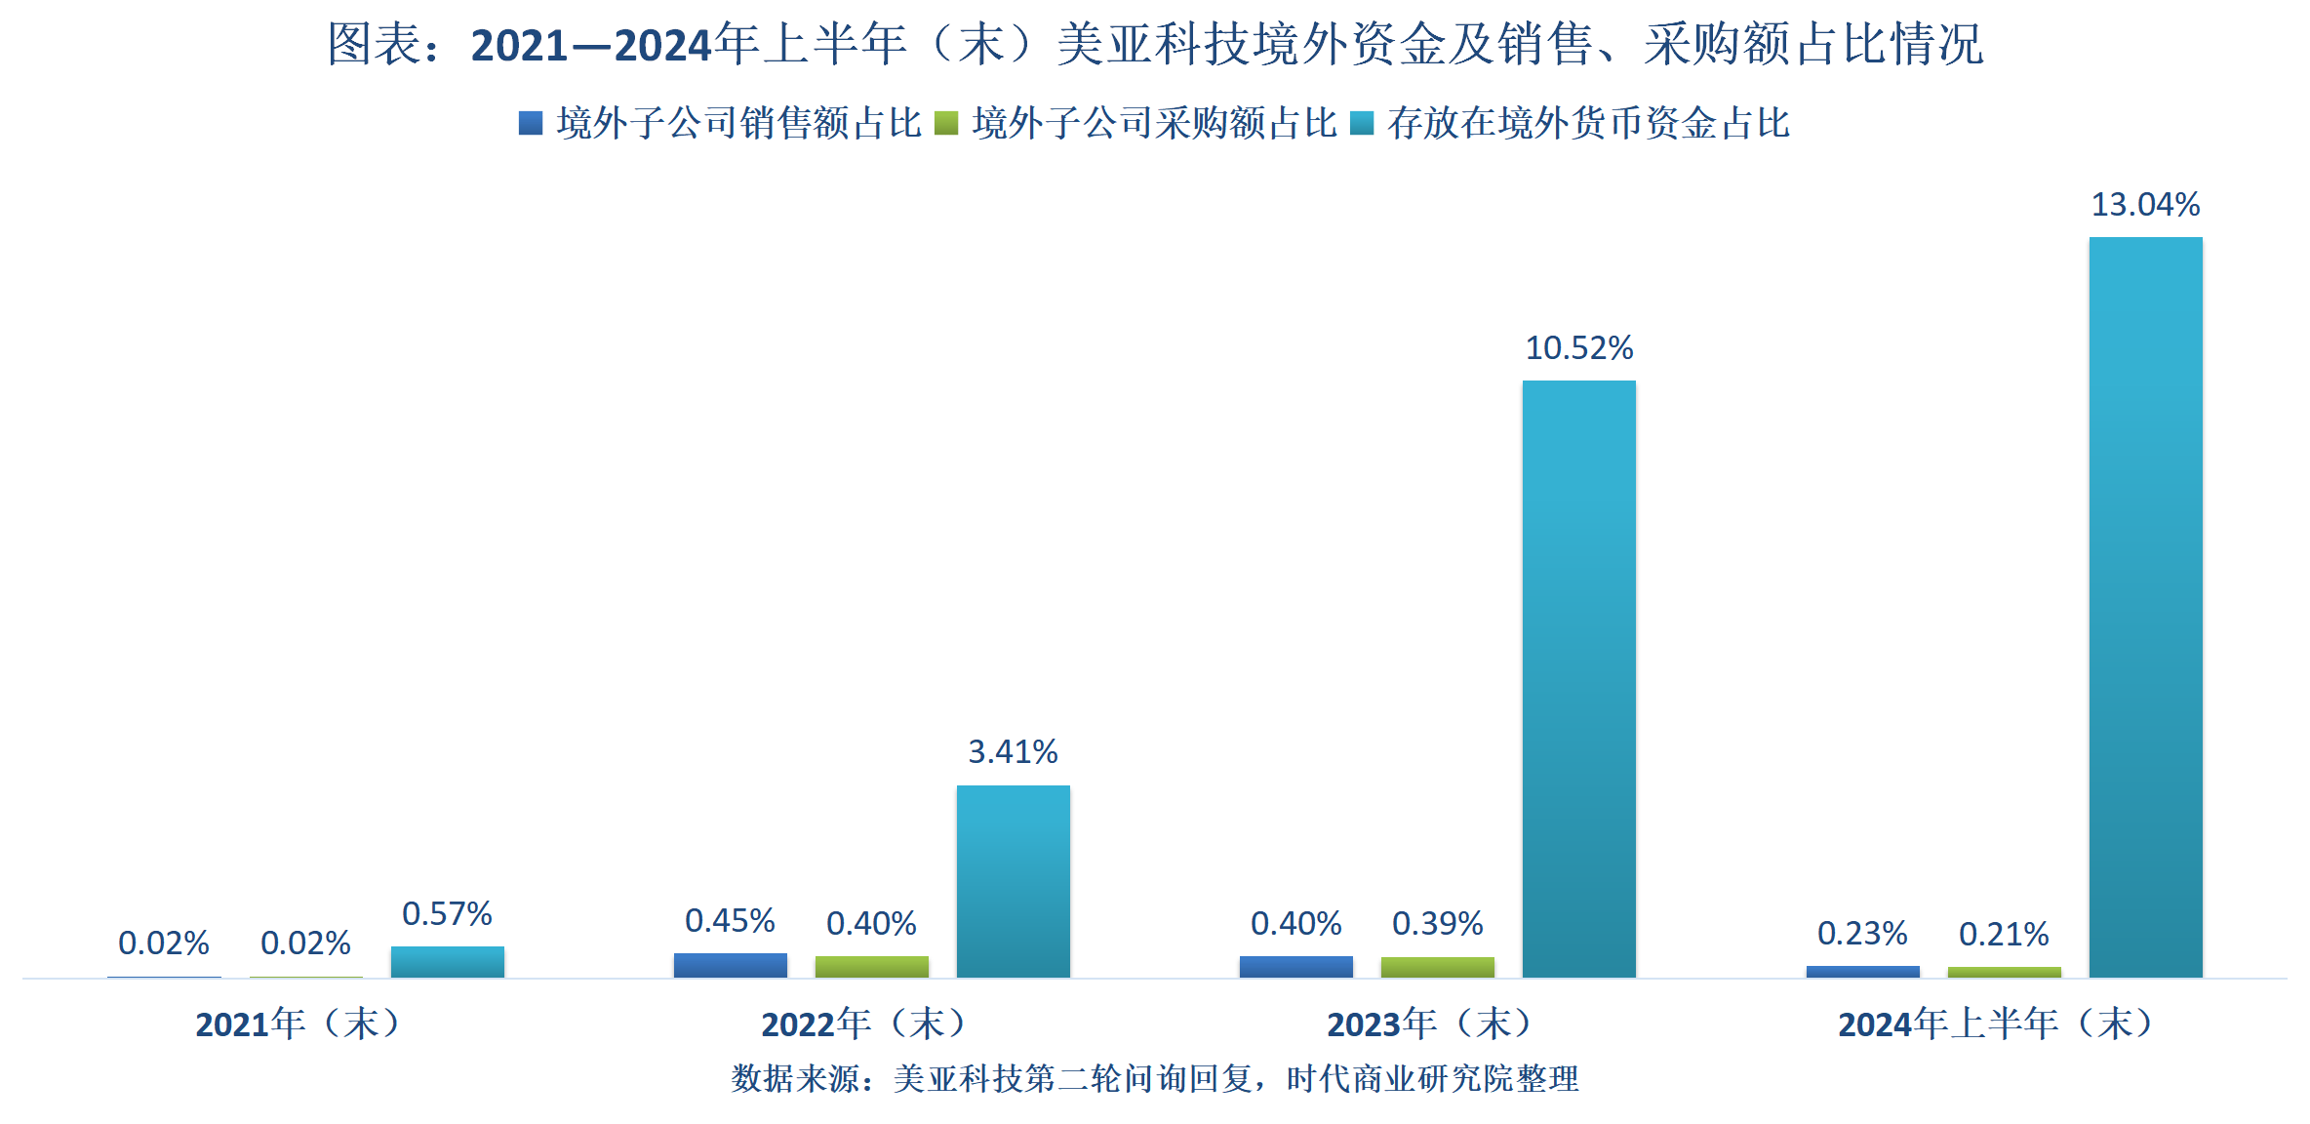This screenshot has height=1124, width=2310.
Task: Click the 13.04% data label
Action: (x=2145, y=205)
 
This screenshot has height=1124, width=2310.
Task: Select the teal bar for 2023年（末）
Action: (x=1578, y=678)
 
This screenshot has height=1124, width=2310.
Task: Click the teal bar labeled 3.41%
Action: (x=1013, y=881)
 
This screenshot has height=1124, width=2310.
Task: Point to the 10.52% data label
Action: (x=1578, y=348)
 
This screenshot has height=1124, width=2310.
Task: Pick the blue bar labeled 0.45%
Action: (x=730, y=965)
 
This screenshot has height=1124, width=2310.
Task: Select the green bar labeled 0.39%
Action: (x=1437, y=967)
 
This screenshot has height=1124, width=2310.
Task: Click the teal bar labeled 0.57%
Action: (x=447, y=961)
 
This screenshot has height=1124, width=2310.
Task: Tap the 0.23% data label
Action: (x=1861, y=934)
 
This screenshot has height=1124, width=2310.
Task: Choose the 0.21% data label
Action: (x=2004, y=935)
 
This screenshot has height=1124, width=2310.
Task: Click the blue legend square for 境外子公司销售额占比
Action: (x=531, y=123)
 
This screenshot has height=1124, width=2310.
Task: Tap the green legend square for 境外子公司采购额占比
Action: (x=946, y=123)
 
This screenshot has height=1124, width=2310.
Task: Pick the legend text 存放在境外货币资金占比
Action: (x=1588, y=123)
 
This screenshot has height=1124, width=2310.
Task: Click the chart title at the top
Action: (x=1155, y=45)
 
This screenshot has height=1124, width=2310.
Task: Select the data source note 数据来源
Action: (x=1155, y=1078)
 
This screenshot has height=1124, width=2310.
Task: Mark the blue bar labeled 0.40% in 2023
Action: (x=1295, y=966)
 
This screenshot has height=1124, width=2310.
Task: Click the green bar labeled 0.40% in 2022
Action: (x=871, y=966)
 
